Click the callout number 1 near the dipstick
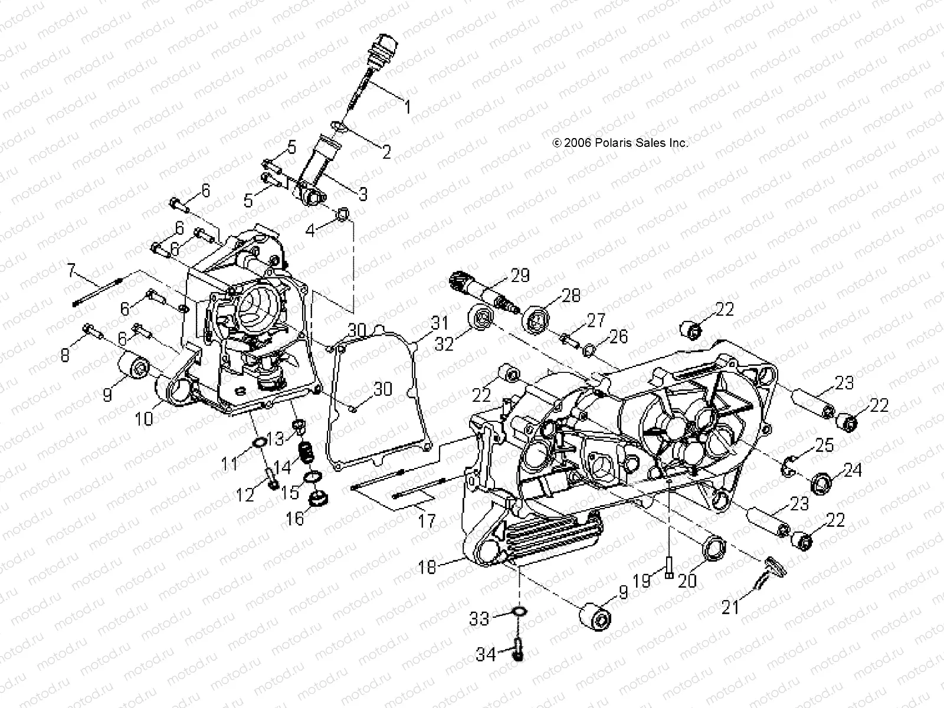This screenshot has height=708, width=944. click(x=422, y=106)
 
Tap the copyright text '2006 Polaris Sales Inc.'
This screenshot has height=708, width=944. click(x=628, y=143)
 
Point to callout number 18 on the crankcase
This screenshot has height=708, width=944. click(x=427, y=567)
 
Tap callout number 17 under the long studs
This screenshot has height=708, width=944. click(x=426, y=520)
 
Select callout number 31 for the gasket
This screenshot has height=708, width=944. click(x=439, y=323)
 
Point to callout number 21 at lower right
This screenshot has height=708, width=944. click(x=730, y=607)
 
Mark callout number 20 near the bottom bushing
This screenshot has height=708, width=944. click(x=687, y=581)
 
